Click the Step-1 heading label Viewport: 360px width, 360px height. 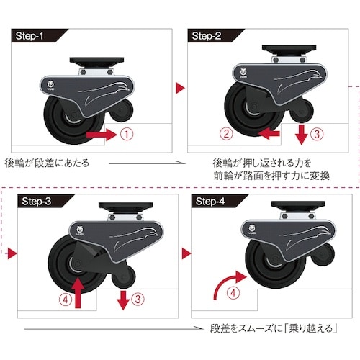coord(30,36)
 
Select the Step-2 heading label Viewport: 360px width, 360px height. coord(207,36)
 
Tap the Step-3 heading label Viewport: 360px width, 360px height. coord(37,201)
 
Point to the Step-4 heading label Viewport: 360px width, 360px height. coord(210,201)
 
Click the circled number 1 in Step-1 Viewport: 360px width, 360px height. coord(127,134)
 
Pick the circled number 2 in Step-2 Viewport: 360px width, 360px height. coord(226,134)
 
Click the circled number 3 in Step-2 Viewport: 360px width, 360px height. coord(317,134)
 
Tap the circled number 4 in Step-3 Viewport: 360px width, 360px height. coord(66,300)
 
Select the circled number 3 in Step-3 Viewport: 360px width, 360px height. coord(138,299)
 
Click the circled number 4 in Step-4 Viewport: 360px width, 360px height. coord(233,293)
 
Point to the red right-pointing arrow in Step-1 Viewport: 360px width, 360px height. coord(102,135)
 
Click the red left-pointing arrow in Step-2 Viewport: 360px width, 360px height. coord(269,134)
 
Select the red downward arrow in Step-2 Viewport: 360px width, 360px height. coord(302,135)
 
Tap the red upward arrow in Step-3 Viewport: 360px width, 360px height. coord(78,292)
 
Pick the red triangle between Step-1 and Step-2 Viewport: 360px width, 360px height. coord(180,88)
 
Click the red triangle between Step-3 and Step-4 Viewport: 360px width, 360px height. coord(186,253)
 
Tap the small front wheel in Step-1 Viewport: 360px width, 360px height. coord(122,111)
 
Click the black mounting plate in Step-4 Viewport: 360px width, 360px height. coord(298,204)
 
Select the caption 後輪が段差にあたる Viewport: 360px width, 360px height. coord(47,163)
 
